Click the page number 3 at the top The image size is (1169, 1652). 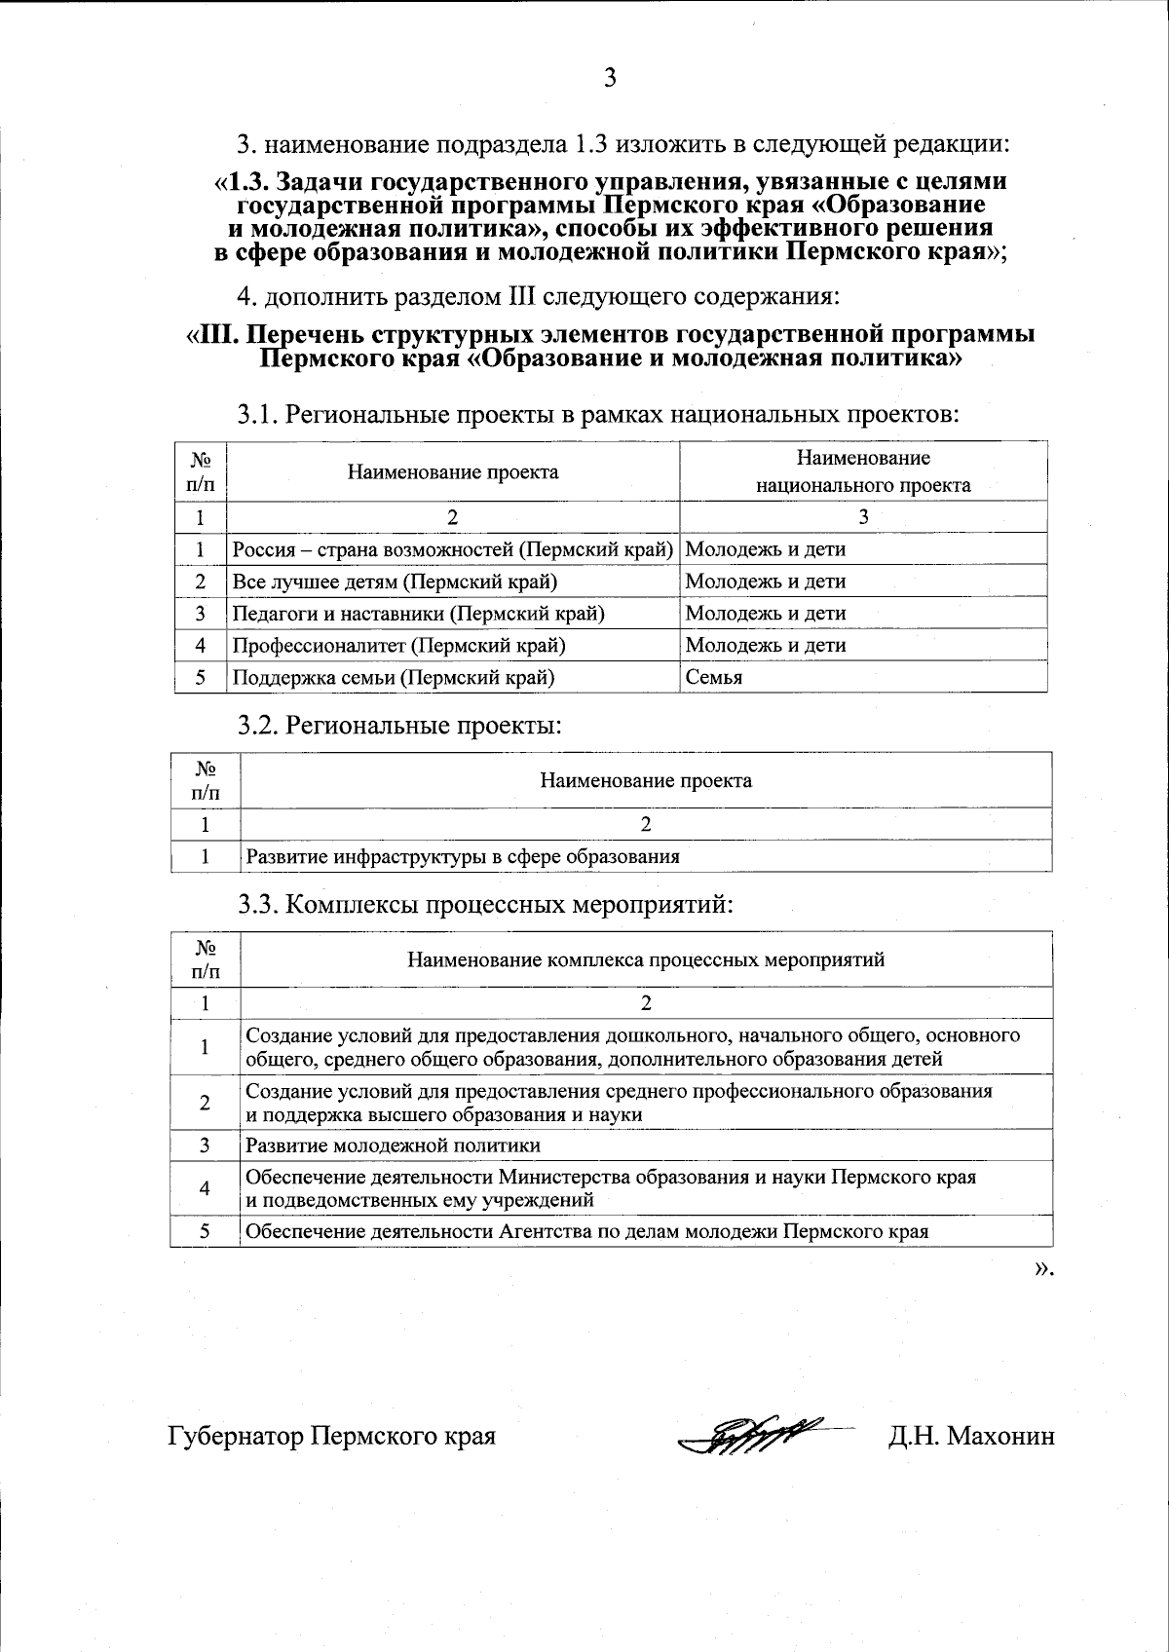click(610, 79)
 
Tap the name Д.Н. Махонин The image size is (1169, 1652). click(970, 1436)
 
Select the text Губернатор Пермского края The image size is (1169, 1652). click(332, 1436)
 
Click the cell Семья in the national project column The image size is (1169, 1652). click(714, 677)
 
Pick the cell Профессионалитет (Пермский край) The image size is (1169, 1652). click(398, 645)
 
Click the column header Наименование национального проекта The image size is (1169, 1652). click(863, 471)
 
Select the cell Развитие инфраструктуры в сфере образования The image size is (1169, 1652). click(463, 857)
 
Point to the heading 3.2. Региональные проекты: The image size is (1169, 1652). click(400, 726)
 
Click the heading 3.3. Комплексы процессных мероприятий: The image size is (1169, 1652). click(485, 905)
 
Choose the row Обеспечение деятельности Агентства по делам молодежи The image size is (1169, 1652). click(586, 1231)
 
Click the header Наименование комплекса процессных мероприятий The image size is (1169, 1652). click(645, 959)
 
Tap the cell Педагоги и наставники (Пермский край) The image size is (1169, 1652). click(418, 614)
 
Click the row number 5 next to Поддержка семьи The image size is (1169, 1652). click(201, 677)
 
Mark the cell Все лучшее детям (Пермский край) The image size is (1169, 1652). click(395, 582)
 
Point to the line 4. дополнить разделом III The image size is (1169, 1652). click(538, 294)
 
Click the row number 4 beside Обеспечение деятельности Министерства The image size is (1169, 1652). click(205, 1188)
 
